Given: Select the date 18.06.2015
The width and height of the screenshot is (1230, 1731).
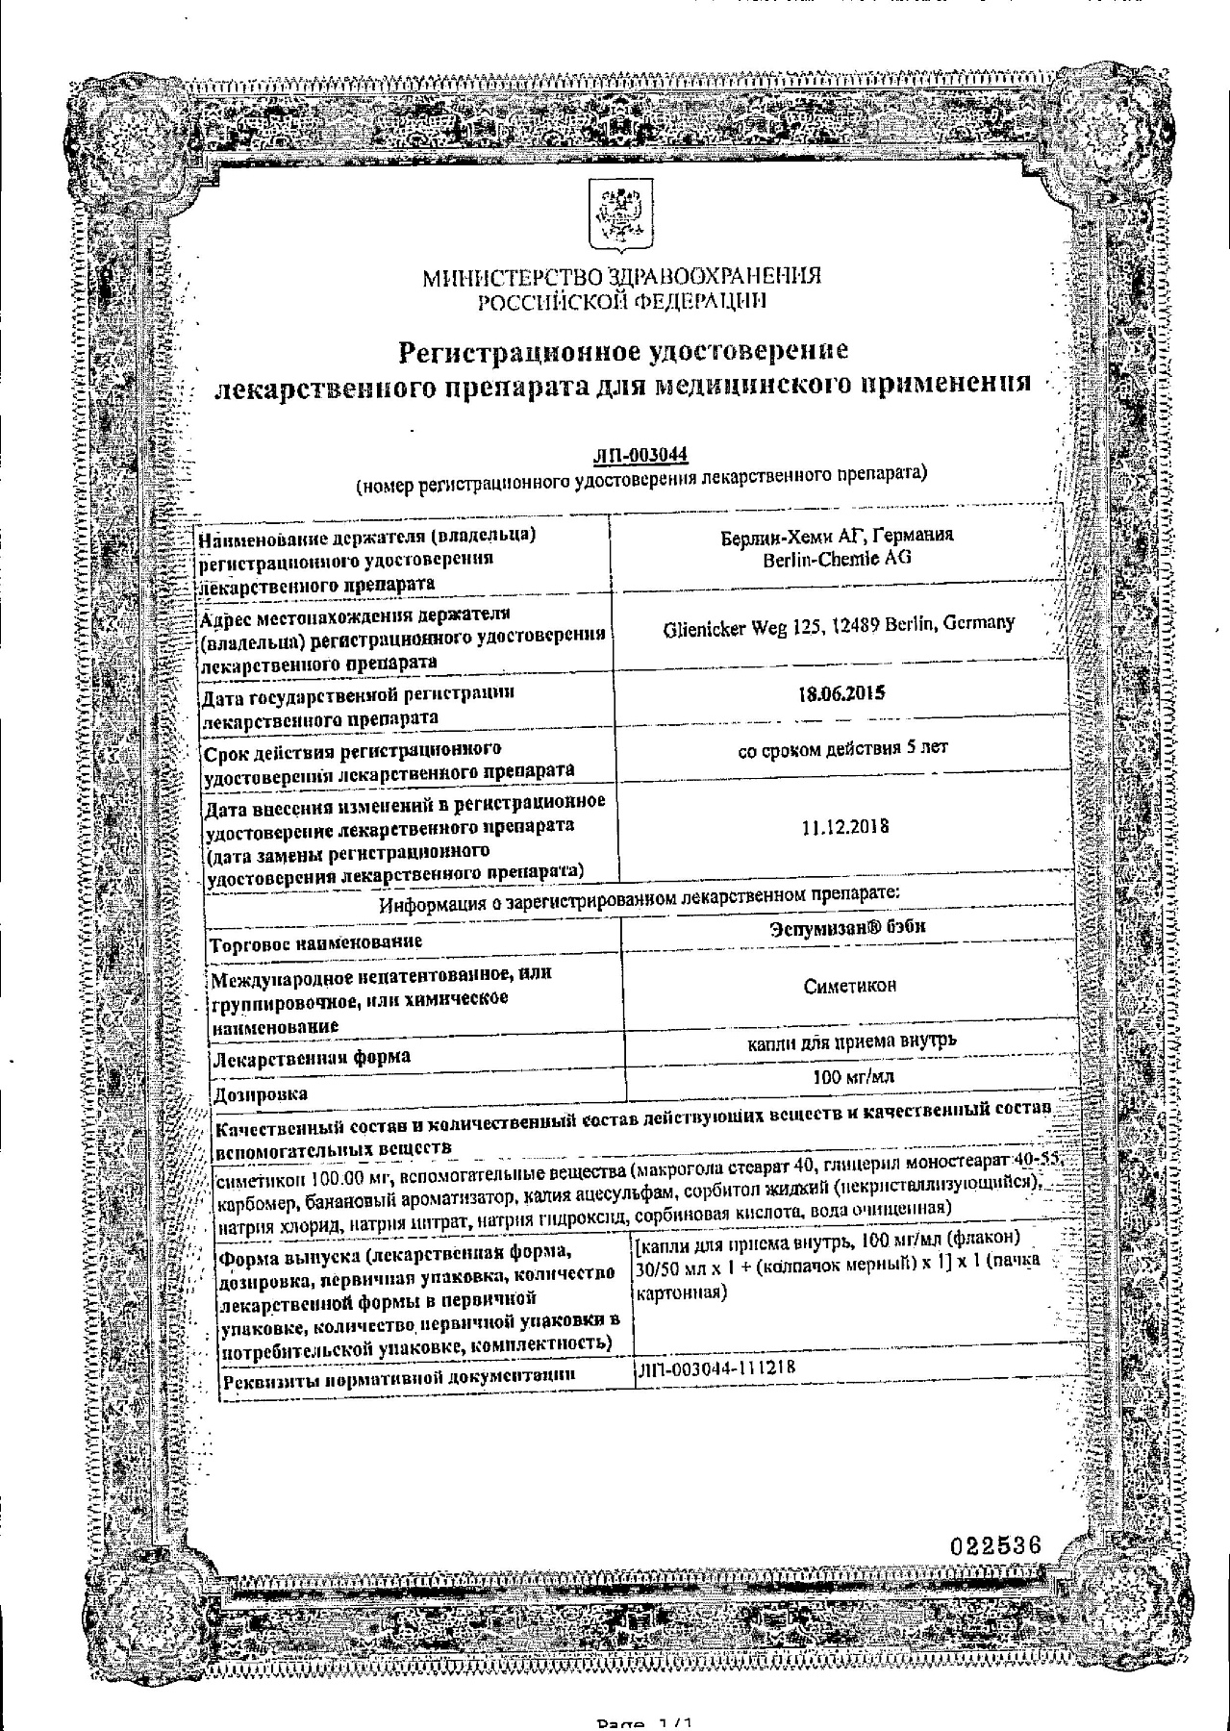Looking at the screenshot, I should coord(841,693).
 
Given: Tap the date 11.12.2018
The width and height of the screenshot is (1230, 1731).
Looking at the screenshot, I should coord(844,827).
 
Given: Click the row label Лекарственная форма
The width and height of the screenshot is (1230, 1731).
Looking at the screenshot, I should coord(312,1058).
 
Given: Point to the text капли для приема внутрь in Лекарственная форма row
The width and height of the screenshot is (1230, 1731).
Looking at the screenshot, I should coord(852,1040).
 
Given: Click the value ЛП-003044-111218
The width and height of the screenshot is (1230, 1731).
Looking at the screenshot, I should coord(716,1367).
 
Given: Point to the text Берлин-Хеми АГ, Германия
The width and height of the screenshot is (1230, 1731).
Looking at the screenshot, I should coord(837,536).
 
